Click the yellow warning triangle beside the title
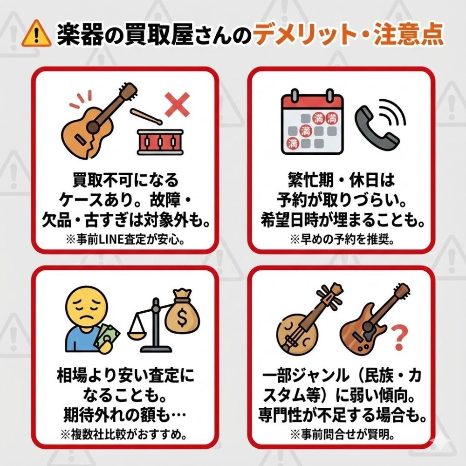coord(36,33)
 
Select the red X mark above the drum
coord(178,104)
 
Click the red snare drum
coord(160,142)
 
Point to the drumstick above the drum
coord(146,116)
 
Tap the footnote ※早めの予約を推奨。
coord(342,239)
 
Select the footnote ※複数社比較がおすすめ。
coord(123,434)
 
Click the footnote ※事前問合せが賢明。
coord(343,434)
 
